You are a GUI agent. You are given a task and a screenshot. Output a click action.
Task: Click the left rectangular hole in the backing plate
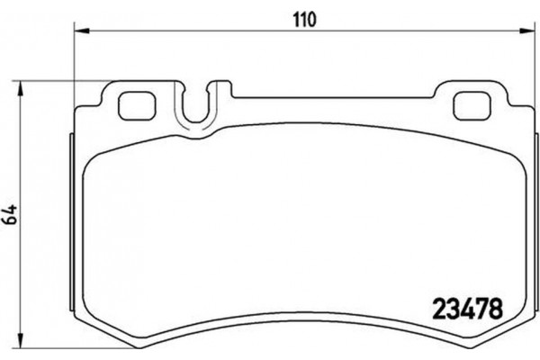coord(134,106)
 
